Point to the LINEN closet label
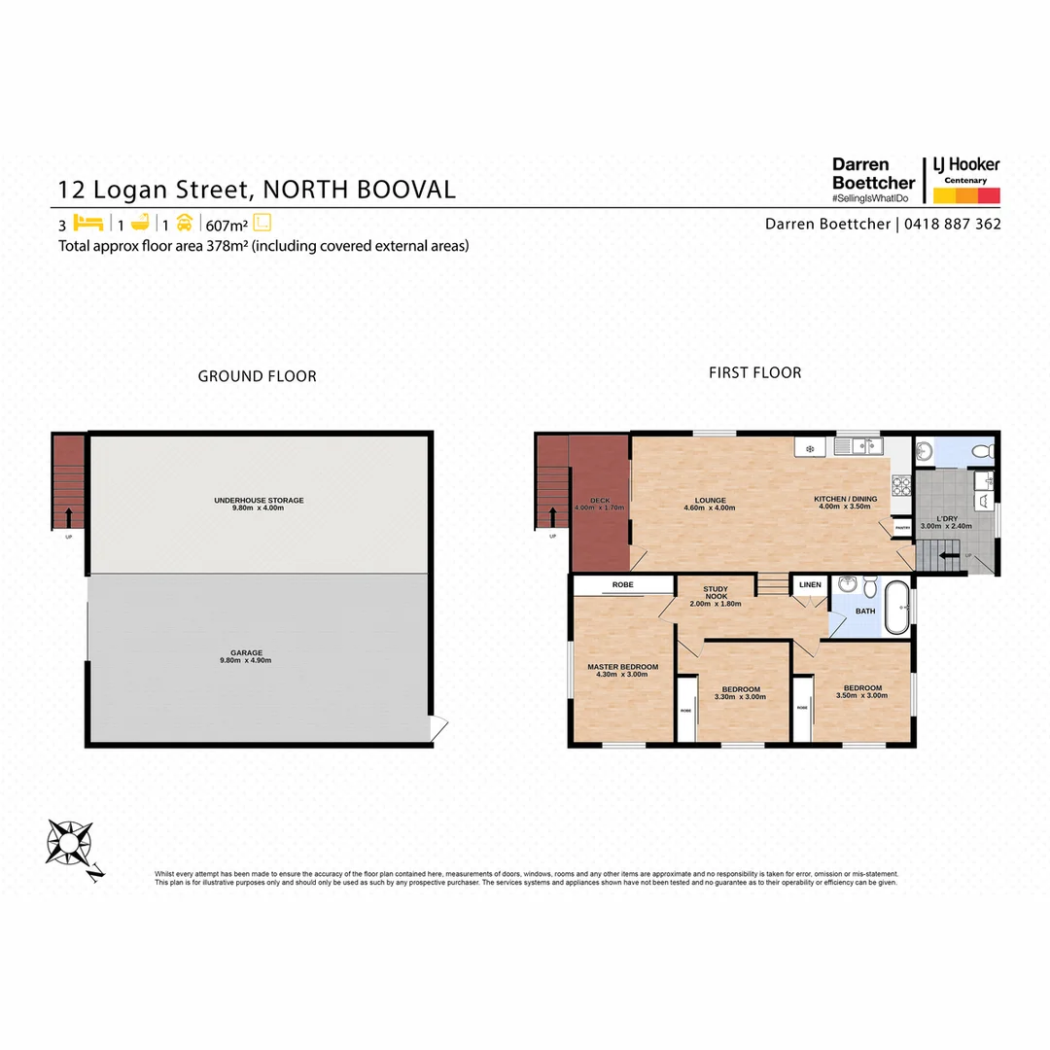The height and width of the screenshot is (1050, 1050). click(811, 584)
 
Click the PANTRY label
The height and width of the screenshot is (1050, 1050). click(901, 527)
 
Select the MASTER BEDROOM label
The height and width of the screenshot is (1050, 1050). click(622, 667)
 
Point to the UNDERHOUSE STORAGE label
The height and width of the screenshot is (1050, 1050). click(259, 501)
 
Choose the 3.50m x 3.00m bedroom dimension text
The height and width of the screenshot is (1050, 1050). click(863, 695)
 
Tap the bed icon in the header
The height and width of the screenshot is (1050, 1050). click(87, 222)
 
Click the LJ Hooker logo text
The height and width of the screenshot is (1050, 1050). click(965, 165)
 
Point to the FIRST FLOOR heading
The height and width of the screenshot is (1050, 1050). click(754, 372)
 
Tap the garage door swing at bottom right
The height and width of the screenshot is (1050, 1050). click(439, 727)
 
